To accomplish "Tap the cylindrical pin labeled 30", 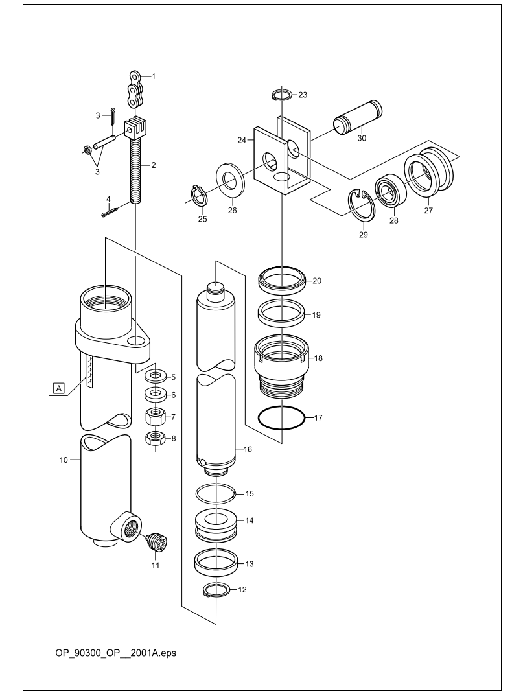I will pos(358,118).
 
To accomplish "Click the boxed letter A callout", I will pos(58,388).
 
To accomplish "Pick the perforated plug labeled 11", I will pos(156,542).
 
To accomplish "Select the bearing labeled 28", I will pos(389,194).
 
